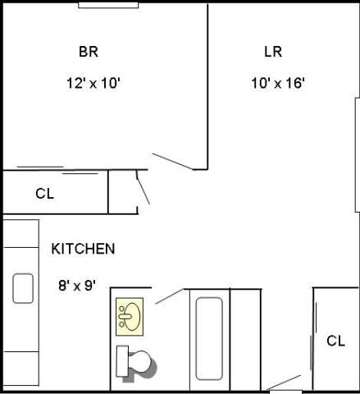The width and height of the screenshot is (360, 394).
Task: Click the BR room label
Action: point(89,52)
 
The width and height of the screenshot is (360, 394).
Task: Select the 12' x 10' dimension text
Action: point(94,83)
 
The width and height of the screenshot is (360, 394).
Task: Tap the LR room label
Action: point(273,52)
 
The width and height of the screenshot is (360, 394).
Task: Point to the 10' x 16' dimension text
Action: point(278,83)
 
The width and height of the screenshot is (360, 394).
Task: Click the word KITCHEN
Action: point(83,249)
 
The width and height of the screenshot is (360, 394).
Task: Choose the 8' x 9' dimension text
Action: point(78,286)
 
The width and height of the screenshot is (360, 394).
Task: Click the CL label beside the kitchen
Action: point(44,195)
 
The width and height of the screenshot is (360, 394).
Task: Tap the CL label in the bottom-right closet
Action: point(335,341)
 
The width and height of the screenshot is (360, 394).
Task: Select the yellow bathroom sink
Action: point(130,316)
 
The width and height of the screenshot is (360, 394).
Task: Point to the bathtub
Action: point(209,338)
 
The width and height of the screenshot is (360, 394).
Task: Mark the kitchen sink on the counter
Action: point(23,288)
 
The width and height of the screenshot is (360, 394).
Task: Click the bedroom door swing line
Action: point(172,161)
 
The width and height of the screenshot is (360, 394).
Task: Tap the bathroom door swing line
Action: point(170,295)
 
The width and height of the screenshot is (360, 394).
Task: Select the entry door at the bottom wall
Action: point(285,383)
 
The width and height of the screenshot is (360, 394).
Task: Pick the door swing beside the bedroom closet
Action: point(144,190)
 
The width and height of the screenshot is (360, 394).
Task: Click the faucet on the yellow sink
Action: point(123,316)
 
